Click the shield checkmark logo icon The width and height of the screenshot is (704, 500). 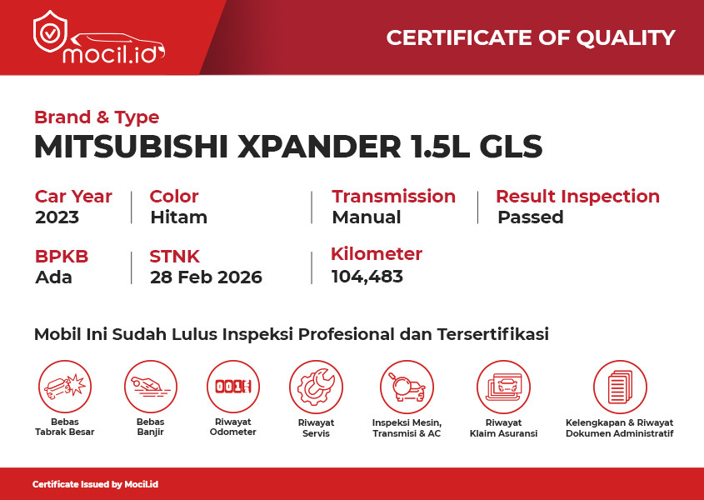[50, 32]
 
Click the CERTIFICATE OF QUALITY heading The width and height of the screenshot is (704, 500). [531, 37]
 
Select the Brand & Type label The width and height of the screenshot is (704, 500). [97, 117]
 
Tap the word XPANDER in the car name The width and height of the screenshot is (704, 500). [319, 147]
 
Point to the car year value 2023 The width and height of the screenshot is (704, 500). [57, 217]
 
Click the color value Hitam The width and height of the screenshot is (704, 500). [178, 217]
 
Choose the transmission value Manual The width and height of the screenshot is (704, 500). [367, 217]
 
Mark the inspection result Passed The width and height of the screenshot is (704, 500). [530, 217]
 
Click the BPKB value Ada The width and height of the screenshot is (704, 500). [53, 277]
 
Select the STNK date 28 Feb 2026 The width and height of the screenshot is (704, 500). [206, 277]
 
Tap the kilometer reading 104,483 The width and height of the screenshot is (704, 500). [367, 277]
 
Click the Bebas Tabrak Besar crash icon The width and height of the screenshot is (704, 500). [65, 387]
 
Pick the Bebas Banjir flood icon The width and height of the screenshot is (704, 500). [151, 387]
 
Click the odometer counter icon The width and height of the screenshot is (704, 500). [233, 387]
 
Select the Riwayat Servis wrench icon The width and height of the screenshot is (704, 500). [316, 387]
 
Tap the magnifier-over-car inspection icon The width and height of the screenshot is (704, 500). [407, 387]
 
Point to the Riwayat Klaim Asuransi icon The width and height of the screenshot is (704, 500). [503, 387]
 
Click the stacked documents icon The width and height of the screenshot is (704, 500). [620, 387]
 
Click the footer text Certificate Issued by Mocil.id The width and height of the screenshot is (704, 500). [95, 484]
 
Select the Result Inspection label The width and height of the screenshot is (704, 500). [578, 197]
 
